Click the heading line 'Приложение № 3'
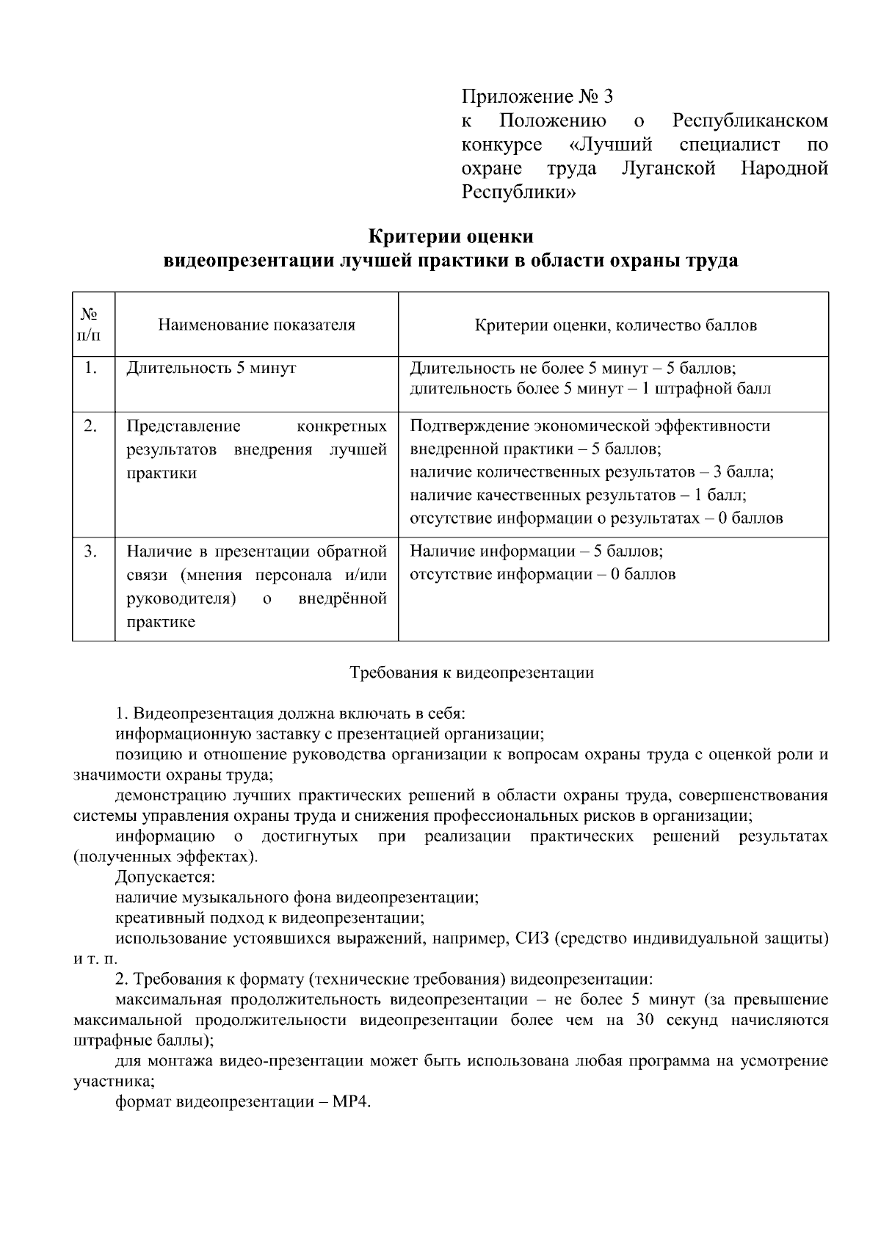pos(537,96)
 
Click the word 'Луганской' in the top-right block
pos(668,168)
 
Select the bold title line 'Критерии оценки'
pos(450,237)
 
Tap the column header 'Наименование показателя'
pos(256,325)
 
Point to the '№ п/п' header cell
pos(90,325)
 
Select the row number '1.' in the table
pos(90,368)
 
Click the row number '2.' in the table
pos(90,426)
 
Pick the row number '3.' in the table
pos(90,551)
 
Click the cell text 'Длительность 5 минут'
pos(211,368)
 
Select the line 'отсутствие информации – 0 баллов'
pos(542,574)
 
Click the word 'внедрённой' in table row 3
pos(342,598)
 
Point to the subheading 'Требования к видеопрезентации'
pos(471,672)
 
